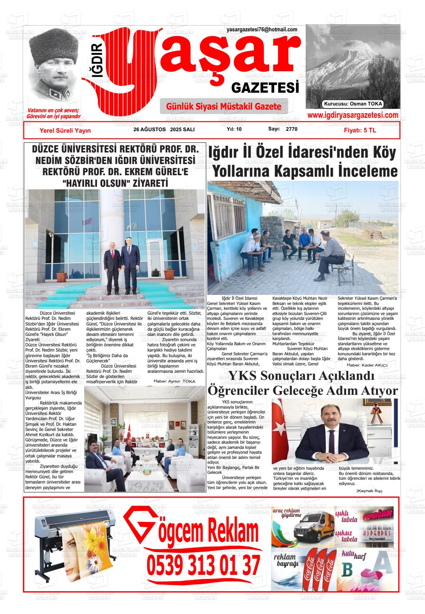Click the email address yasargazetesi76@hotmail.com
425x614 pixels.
(262, 29)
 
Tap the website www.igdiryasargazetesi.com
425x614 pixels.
(352, 115)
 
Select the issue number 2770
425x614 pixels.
(292, 129)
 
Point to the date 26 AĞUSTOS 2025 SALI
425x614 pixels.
(164, 130)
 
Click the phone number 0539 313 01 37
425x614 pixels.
(203, 565)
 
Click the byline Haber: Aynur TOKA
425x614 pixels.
(174, 381)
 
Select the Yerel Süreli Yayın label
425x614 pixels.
(65, 130)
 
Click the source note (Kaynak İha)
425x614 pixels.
(369, 491)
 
